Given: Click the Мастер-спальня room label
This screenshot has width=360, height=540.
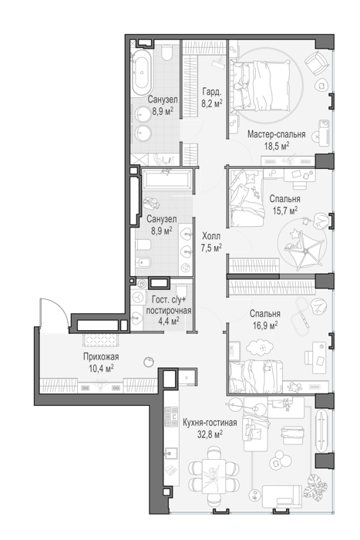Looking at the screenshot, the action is [277, 134].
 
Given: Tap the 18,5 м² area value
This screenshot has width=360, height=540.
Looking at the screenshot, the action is [277, 146].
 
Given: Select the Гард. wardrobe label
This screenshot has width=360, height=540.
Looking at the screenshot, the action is [212, 92].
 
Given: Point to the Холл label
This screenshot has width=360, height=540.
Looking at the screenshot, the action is [211, 236].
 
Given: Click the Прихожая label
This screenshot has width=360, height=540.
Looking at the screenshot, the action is [101, 356].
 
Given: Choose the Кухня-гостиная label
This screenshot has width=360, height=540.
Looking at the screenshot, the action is [210, 423].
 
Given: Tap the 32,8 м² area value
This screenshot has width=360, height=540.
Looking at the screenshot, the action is [210, 434].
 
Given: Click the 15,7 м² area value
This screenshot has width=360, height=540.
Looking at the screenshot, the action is [285, 211].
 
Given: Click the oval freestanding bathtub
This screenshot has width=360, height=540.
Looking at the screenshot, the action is [141, 73].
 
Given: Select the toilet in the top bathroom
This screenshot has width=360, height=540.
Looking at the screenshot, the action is [167, 52].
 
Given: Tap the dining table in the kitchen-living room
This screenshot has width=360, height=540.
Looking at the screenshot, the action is [214, 476].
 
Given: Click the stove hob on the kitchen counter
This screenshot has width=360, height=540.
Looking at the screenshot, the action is [171, 417].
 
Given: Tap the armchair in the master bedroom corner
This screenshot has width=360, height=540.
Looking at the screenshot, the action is [315, 63].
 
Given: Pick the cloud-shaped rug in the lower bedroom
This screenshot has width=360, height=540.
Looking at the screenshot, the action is [260, 348].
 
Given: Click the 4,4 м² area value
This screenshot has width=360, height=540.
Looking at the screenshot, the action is [169, 322].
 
